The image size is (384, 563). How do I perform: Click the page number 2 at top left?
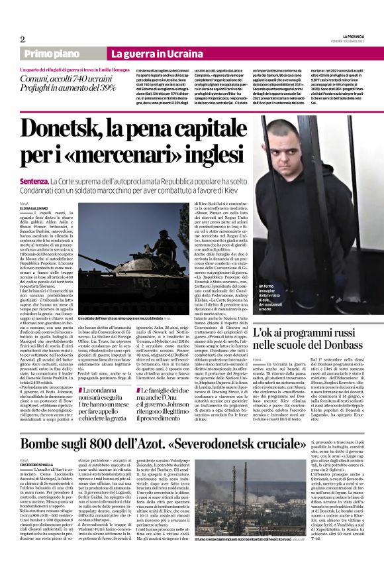click(x=23, y=39)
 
